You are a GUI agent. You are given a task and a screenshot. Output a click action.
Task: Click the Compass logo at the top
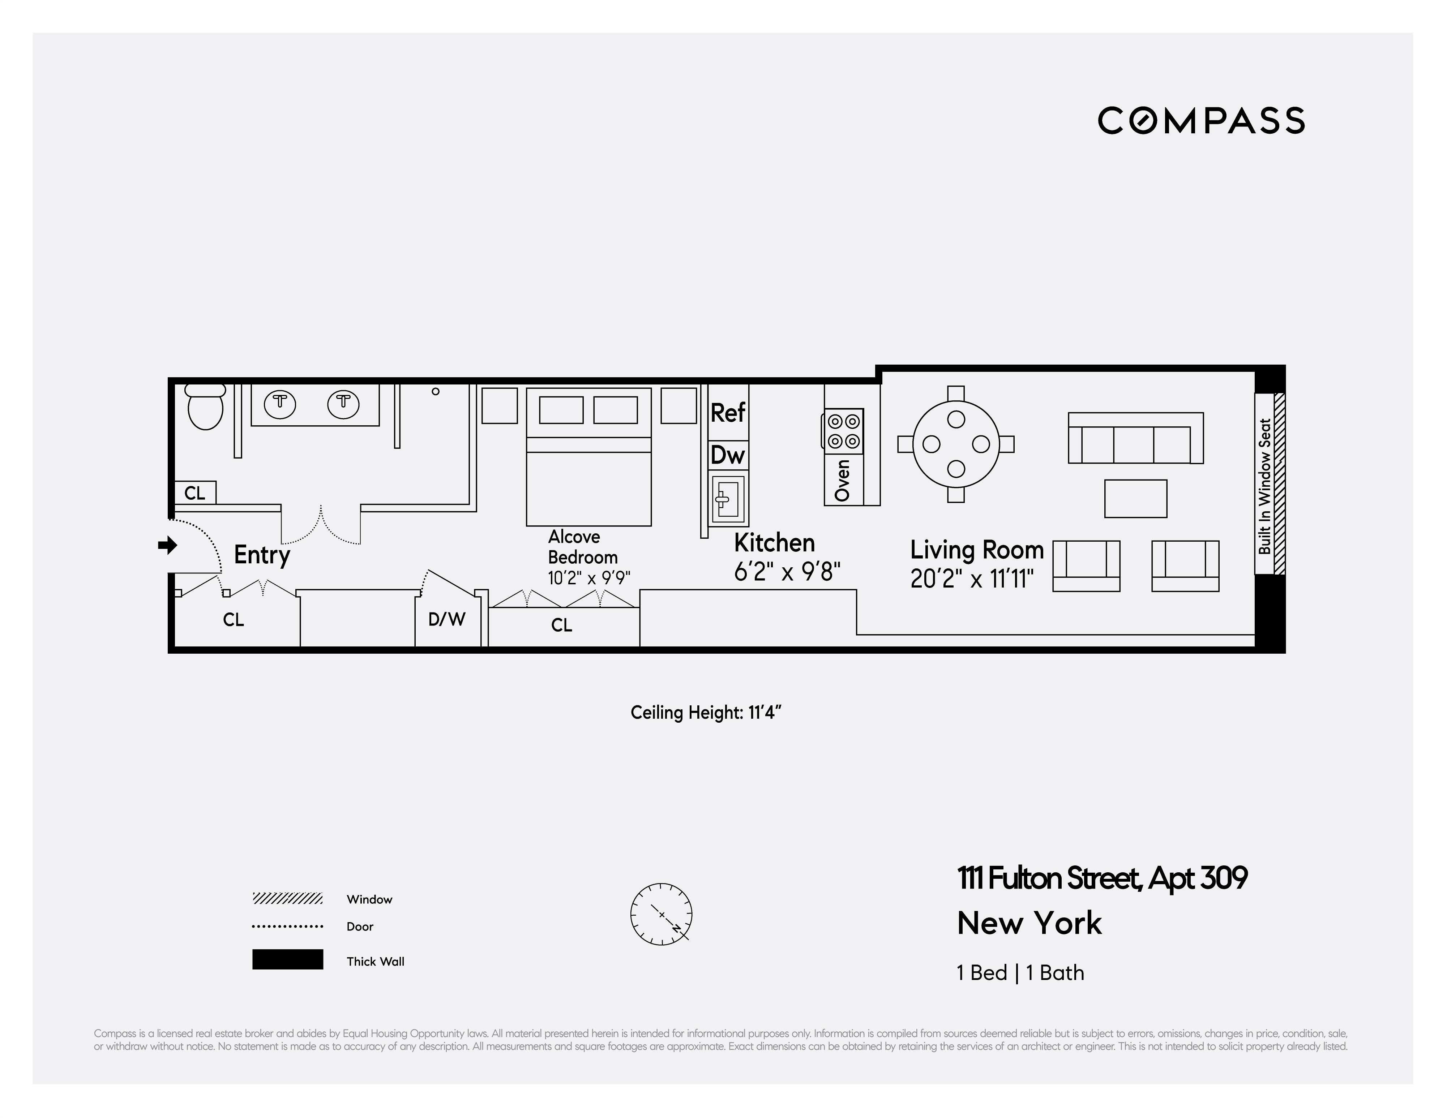[x=1200, y=121]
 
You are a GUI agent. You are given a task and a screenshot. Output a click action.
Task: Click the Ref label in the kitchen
[x=727, y=413]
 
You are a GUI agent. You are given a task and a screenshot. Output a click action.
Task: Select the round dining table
[x=955, y=444]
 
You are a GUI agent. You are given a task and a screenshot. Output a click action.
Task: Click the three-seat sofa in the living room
[x=1136, y=438]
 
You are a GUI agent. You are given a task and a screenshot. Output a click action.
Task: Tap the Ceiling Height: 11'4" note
[x=706, y=713]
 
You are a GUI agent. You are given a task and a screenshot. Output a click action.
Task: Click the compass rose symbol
[x=661, y=914]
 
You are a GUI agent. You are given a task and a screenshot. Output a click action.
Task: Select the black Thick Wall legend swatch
[x=287, y=959]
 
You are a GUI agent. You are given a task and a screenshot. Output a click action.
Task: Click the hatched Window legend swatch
[x=287, y=899]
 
